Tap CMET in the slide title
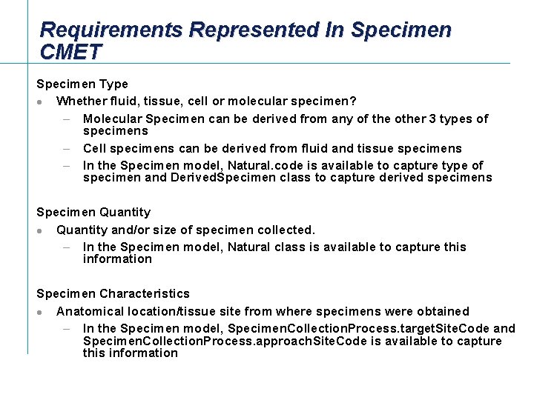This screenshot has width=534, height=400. [x=71, y=52]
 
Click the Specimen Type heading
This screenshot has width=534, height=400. [x=82, y=84]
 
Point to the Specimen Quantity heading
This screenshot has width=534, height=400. [x=93, y=213]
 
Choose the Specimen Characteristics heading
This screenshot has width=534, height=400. [x=113, y=294]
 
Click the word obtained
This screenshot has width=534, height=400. [x=443, y=312]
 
